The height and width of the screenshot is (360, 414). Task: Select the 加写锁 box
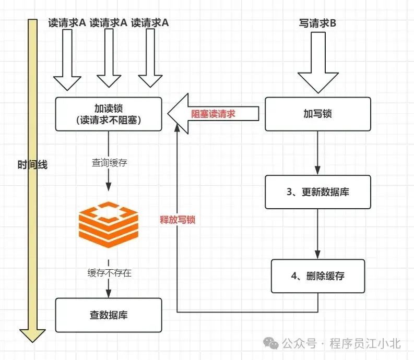coord(317,114)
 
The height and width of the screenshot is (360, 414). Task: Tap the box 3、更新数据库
coord(317,192)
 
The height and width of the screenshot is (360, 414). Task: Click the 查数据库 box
coord(109,315)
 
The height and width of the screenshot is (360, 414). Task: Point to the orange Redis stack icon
coord(109,225)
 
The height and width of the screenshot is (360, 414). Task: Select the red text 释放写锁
coord(178,220)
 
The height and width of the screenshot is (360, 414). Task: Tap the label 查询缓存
coord(109,163)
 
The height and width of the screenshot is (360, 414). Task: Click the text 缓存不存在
coord(109,272)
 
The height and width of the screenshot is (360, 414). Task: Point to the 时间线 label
coord(32,165)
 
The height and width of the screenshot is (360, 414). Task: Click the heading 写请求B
coord(318,23)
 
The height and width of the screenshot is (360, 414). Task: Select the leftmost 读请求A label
coord(67,23)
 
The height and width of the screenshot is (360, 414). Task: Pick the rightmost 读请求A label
coord(150,23)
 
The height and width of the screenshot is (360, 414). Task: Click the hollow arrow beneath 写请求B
coord(318,63)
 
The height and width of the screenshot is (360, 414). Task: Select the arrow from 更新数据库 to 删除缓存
coord(317,235)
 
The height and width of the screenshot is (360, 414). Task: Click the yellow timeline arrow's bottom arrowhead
coord(32,334)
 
